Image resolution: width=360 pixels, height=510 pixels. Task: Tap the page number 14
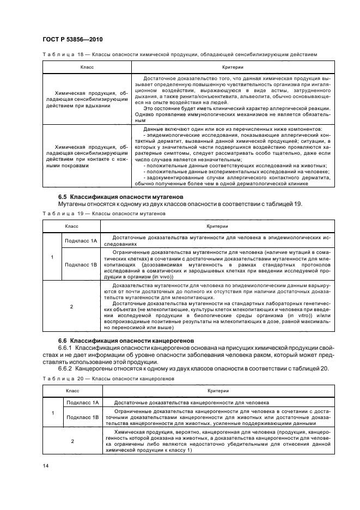point(45,465)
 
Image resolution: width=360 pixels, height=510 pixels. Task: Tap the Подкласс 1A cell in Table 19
point(80,240)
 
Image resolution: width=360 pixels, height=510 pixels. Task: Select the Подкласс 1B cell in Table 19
point(80,264)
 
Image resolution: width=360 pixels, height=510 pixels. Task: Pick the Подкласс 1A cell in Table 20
point(80,402)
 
